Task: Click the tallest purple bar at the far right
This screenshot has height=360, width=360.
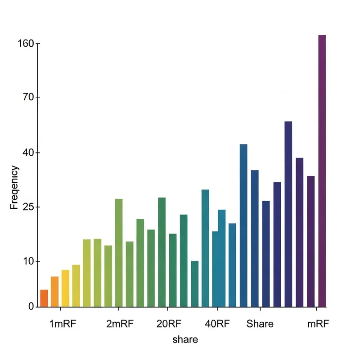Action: (322, 171)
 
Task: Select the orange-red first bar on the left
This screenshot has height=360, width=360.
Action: (44, 298)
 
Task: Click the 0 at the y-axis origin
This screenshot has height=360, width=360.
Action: (31, 306)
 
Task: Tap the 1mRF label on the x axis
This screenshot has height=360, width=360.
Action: (63, 324)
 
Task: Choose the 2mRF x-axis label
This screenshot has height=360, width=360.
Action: (120, 324)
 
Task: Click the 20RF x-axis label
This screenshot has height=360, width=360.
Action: (169, 324)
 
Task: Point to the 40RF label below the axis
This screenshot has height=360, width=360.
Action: (217, 324)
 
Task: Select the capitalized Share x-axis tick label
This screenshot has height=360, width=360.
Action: (260, 324)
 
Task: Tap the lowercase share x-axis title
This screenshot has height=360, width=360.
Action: (185, 339)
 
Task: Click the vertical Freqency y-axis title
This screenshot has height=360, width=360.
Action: (14, 187)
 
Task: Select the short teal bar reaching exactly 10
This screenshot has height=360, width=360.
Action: (194, 284)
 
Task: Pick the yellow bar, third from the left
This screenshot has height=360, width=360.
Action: (65, 288)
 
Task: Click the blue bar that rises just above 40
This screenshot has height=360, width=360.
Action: (243, 225)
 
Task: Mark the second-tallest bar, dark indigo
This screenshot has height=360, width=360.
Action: (288, 214)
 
